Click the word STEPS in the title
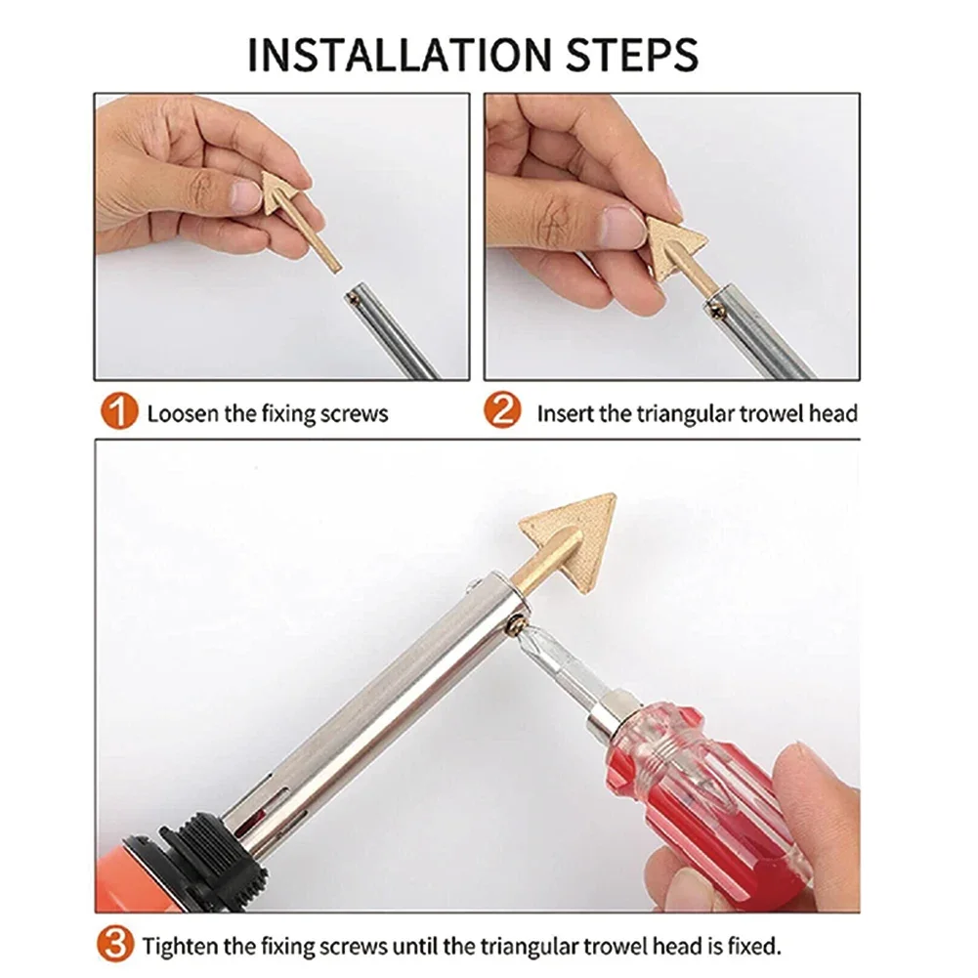(632, 55)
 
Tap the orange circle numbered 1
(118, 411)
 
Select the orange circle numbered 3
(115, 944)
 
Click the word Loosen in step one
(184, 413)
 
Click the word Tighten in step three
(181, 946)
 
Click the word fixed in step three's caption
(753, 946)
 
